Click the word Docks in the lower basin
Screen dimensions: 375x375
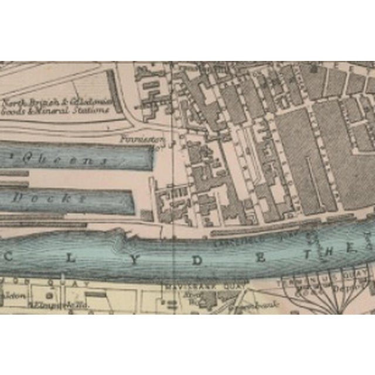(50, 198)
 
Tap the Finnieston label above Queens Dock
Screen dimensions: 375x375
(139, 139)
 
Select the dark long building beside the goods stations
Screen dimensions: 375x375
(114, 91)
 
